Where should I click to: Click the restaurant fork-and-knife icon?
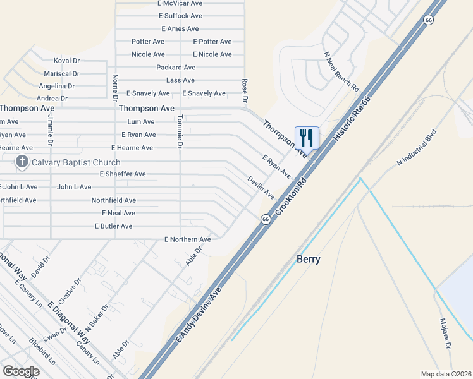[307, 137]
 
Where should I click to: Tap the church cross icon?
[22, 162]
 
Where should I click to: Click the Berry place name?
[309, 259]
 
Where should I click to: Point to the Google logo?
[21, 371]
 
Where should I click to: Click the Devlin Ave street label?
[261, 187]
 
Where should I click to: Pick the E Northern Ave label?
[187, 239]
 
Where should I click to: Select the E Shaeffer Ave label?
[123, 174]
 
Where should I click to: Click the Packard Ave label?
[176, 67]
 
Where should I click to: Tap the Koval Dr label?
[66, 61]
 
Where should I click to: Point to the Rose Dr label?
[244, 90]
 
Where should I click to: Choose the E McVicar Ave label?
[180, 3]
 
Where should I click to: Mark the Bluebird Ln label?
[42, 352]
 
